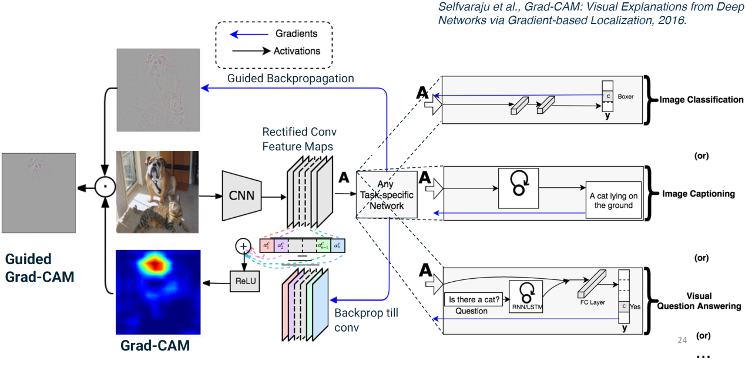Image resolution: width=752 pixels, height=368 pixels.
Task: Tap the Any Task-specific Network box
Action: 387,194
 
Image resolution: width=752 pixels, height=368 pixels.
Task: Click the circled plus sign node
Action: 243,247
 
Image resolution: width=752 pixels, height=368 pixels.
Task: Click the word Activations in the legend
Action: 297,51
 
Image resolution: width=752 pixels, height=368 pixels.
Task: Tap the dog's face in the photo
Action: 156,170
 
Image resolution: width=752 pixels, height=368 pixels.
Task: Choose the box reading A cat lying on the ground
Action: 613,200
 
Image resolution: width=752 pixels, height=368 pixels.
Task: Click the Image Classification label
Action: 701,100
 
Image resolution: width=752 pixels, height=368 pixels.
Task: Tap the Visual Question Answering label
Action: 699,301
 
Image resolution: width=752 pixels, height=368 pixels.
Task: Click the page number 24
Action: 682,339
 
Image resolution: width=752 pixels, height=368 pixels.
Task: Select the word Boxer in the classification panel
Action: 626,96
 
